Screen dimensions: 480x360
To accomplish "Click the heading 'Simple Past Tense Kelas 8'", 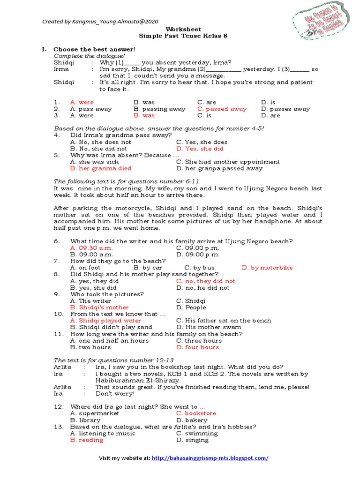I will tap(180, 36).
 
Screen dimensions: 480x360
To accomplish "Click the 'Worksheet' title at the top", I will tap(180, 29).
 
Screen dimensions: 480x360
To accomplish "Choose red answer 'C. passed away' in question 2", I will tap(222, 109).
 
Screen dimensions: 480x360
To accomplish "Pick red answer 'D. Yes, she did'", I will tap(200, 149).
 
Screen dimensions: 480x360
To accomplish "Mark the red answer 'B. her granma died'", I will tap(100, 168).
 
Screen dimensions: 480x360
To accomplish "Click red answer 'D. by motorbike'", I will tap(267, 268).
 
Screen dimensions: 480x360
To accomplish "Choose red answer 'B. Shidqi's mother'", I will tap(99, 307).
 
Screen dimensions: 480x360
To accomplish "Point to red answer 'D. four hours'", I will tap(197, 347).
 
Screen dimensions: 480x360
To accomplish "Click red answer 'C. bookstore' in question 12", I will tap(196, 413).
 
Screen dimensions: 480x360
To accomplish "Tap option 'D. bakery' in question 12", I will tap(192, 420).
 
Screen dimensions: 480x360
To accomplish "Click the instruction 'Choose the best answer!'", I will tap(94, 49).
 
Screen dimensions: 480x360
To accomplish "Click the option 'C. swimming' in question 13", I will tap(196, 434).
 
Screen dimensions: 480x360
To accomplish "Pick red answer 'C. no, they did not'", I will tap(205, 281).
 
